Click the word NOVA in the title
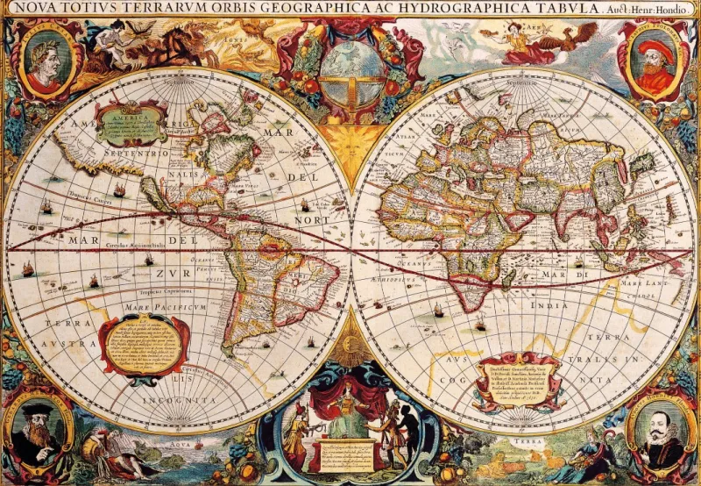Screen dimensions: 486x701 (x=29, y=9)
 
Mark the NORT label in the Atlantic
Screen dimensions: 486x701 (x=312, y=219)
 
